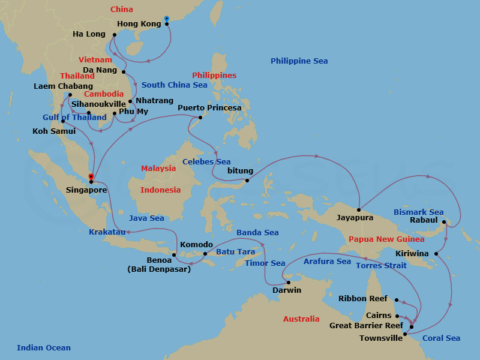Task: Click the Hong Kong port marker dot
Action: coord(167,24)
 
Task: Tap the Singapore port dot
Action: coord(91,181)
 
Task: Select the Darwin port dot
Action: coord(288,282)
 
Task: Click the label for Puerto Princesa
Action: coord(209,108)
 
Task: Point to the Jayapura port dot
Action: coord(358,209)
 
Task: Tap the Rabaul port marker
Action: coord(445,223)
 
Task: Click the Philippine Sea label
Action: coord(299,61)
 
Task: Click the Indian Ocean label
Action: coord(44,347)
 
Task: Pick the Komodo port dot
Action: coord(205,253)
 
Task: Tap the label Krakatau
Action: coord(108,232)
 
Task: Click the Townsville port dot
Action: coord(405,334)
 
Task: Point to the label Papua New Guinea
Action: coord(386,239)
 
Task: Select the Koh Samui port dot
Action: coord(62,121)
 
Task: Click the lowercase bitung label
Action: coord(240,171)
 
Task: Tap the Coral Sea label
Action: coord(441,338)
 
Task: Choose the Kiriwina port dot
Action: coord(436,254)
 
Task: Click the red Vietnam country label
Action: coord(95,60)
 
